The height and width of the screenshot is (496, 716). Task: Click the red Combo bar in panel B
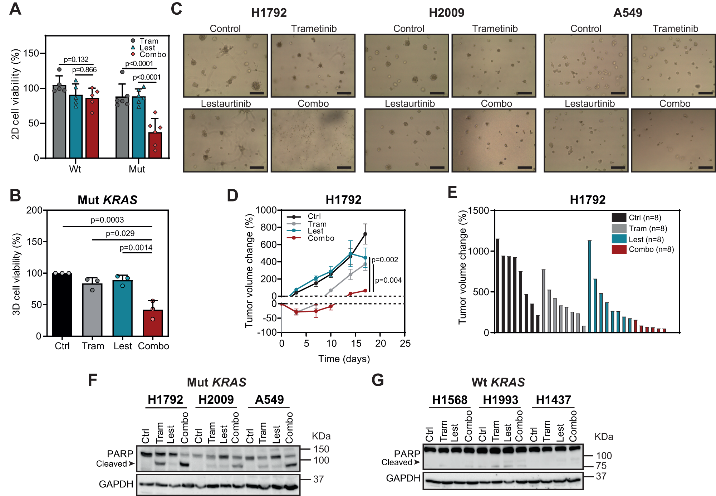click(153, 323)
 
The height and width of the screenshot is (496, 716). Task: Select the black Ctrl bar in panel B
click(62, 304)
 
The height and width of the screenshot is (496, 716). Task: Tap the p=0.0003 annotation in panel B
click(107, 220)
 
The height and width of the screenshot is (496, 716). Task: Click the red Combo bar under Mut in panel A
click(155, 145)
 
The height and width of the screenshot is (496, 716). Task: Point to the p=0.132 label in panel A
click(76, 59)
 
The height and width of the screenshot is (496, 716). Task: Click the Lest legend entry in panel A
click(147, 48)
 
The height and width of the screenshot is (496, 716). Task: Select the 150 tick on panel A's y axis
click(31, 53)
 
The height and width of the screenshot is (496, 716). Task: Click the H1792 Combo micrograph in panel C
click(313, 141)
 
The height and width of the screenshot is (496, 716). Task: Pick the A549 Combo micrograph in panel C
click(673, 141)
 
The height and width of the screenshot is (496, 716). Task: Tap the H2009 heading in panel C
click(446, 13)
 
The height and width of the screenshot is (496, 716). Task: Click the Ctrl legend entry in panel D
click(314, 216)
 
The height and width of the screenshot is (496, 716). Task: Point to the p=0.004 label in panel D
click(388, 280)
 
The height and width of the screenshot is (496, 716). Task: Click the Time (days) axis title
click(344, 359)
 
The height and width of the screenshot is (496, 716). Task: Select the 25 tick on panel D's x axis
click(405, 344)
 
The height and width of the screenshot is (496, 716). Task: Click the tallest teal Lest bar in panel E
click(589, 286)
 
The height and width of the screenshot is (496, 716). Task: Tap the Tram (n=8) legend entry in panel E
click(648, 228)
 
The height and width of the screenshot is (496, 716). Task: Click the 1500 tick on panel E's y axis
click(478, 210)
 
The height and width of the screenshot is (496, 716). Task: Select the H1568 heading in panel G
click(450, 400)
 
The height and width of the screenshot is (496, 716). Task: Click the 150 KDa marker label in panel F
click(321, 449)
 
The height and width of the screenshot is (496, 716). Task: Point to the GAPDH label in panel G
click(403, 478)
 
